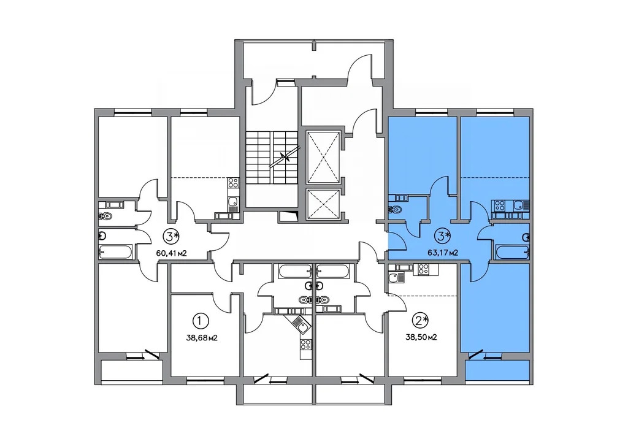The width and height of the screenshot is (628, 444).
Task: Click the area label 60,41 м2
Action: pos(171,251)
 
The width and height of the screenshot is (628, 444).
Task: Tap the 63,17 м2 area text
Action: pos(444,251)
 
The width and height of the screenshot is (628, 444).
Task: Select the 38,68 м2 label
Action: pos(201,337)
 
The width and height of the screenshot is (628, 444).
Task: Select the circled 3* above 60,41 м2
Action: pos(171,235)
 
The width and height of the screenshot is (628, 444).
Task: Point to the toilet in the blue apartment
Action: pos(394,210)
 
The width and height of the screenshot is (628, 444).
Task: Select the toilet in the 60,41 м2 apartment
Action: pos(105,215)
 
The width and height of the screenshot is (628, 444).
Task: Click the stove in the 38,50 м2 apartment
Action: pos(423,268)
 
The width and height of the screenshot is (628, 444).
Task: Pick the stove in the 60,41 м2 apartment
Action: pos(232,182)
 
